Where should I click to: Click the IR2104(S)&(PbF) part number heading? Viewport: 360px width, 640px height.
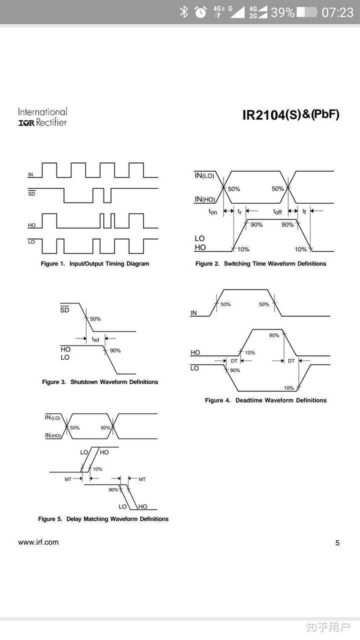point(290,114)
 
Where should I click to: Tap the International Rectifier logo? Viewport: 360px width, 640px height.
point(42,117)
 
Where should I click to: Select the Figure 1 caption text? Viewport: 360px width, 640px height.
point(95,263)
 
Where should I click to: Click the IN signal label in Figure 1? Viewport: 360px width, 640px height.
point(30,174)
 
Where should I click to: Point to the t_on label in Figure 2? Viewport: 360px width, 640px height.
point(213,211)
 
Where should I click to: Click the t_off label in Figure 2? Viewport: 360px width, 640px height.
point(277,211)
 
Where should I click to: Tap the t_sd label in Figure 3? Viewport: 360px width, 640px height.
point(95,339)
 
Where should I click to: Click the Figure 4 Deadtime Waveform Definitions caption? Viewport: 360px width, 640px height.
point(265,400)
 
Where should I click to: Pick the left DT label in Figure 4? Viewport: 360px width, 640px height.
point(234,360)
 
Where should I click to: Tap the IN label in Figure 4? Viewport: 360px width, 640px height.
point(193,313)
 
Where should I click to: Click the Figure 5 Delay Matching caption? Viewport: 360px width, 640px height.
point(103,519)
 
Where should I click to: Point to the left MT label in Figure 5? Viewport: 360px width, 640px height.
point(68,479)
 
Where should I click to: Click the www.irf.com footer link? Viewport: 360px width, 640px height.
point(38,542)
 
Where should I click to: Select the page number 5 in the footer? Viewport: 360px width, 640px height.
point(337,543)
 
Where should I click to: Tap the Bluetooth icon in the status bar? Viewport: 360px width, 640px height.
point(184,12)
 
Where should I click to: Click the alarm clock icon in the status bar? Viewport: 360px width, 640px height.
point(200,12)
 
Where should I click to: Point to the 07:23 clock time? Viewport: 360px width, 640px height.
point(337,12)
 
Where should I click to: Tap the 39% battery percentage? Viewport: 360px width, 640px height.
point(282,12)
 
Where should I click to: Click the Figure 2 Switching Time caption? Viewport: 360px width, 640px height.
point(260,263)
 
